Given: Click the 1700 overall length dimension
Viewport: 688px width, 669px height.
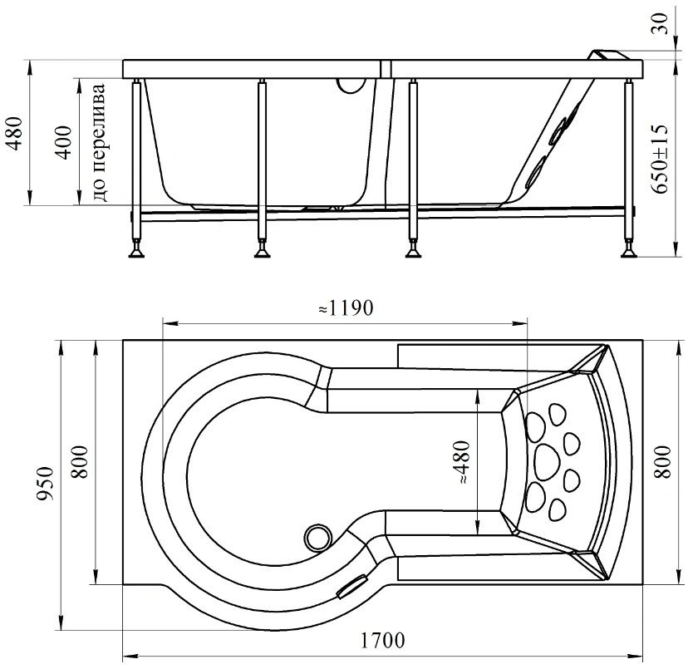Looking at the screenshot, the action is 382,641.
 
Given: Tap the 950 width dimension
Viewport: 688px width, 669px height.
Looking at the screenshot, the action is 45,484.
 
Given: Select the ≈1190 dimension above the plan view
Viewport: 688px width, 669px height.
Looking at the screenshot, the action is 346,307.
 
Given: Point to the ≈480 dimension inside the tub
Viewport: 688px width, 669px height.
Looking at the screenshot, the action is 463,462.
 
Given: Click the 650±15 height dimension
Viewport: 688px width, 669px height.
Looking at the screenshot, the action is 660,159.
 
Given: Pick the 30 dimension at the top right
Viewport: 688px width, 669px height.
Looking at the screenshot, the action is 661,24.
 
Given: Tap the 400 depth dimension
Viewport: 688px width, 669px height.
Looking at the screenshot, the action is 64,143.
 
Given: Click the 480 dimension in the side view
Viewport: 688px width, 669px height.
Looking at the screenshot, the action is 14,134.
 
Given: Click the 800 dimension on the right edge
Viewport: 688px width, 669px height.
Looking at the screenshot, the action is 662,461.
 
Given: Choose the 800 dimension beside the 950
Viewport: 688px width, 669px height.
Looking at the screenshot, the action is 80,461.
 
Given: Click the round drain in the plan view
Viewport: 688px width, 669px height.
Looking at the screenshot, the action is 317,538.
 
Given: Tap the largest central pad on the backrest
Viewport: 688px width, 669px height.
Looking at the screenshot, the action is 547,462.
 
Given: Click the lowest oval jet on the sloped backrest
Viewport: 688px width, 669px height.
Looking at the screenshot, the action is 534,173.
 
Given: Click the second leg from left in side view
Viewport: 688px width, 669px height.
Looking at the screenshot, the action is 262,168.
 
